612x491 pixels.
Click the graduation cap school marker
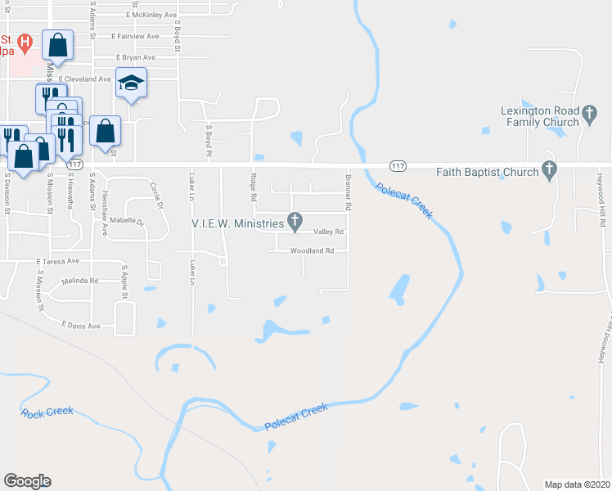pos(131,83)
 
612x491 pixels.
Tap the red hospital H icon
pos(25,41)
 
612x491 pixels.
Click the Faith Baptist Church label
pos(493,172)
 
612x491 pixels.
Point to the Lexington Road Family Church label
pos(541,116)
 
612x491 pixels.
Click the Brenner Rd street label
pos(349,191)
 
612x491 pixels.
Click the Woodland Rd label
pos(313,250)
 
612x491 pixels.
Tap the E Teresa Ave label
pos(58,261)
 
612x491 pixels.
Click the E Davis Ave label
pos(80,326)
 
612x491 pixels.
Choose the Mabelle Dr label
pos(128,222)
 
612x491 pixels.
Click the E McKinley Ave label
pos(152,15)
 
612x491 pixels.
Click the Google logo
pos(27,480)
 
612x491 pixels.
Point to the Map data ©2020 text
pos(577,484)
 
